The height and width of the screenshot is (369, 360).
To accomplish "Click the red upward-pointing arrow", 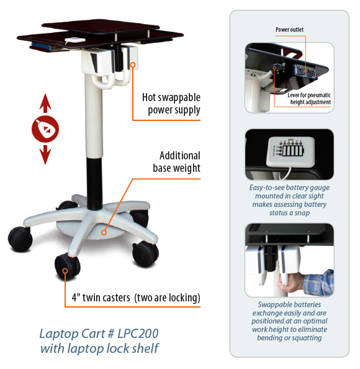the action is tap(45, 103).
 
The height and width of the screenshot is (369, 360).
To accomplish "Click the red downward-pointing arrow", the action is tap(45, 154).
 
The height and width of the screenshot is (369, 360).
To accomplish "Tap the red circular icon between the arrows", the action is tap(45, 129).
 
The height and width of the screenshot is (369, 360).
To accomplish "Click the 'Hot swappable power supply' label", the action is tap(171, 104).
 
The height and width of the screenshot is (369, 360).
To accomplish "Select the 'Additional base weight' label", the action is tap(177, 162).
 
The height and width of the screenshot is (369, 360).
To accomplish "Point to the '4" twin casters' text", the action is tap(101, 298).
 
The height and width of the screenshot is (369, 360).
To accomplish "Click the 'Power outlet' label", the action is tap(289, 30).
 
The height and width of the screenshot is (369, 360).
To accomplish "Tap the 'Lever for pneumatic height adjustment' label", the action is tap(309, 99).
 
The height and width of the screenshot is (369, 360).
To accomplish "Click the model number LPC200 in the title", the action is tap(138, 334).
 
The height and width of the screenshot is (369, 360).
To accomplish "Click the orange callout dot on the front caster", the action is tap(65, 271).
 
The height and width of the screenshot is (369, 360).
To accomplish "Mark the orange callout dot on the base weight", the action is tap(104, 233).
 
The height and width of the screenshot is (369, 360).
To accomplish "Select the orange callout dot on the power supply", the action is tap(133, 64).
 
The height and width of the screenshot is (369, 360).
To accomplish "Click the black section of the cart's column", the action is tap(94, 184).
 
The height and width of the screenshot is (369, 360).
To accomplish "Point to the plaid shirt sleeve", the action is tap(319, 282).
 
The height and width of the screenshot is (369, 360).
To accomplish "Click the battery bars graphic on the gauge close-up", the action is tap(293, 150).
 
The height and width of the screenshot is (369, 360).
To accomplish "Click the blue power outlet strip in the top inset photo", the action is tap(304, 71).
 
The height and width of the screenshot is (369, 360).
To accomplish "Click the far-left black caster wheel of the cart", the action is tap(20, 238).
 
